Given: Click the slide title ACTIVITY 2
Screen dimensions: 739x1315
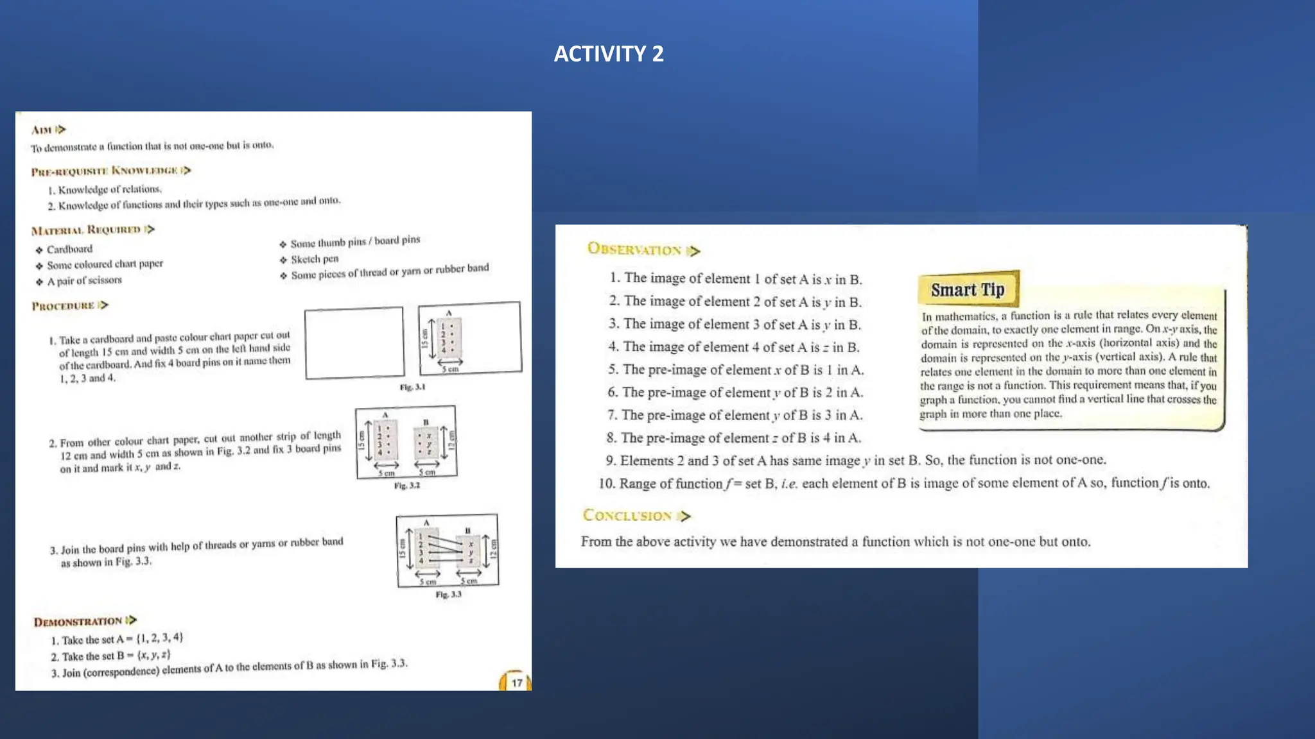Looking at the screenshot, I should pos(608,54).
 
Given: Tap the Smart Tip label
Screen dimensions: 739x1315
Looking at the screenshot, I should pos(968,290).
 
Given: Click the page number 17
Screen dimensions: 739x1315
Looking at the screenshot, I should pos(516,683).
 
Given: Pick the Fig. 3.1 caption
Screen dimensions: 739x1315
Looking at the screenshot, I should pos(412,387).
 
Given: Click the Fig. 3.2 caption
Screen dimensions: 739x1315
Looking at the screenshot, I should pos(406,486).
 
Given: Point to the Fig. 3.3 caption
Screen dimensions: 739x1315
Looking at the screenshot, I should pos(448,595).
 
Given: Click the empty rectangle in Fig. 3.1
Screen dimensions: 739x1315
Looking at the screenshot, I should pos(354,343).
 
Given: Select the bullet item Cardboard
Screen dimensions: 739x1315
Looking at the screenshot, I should pos(69,249).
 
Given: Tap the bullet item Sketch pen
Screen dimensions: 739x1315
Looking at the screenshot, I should pos(314,259).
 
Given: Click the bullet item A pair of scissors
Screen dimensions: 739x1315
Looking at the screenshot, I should pos(84,280).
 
